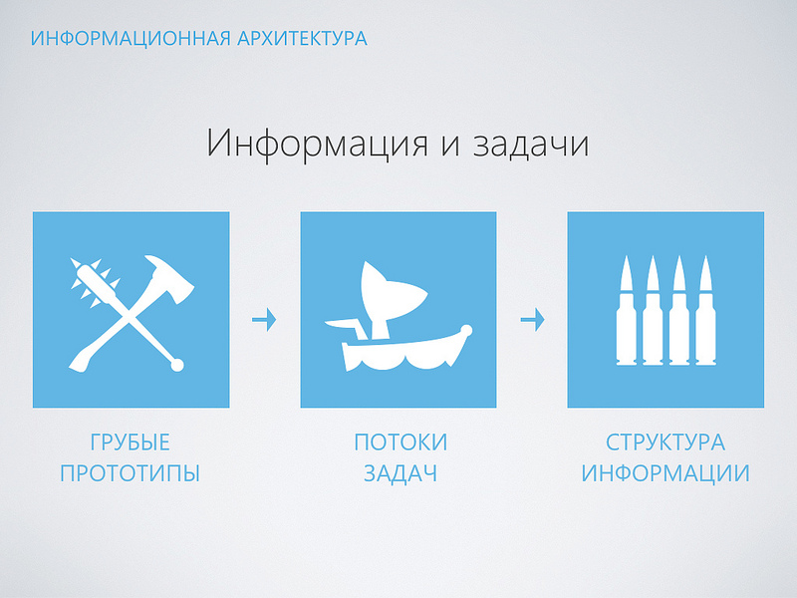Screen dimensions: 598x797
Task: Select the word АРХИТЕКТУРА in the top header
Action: [x=303, y=39]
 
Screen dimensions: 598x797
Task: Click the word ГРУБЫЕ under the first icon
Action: [x=131, y=442]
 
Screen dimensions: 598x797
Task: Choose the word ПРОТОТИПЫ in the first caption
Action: [x=131, y=473]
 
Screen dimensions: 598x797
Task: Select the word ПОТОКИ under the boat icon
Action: [x=400, y=442]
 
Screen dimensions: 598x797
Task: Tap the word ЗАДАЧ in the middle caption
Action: [x=400, y=473]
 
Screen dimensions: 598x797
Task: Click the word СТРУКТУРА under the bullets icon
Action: [x=665, y=442]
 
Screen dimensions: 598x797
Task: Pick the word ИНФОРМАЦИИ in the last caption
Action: [x=665, y=473]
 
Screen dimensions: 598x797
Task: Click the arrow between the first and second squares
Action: [x=264, y=320]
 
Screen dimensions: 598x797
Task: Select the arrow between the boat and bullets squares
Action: [x=532, y=320]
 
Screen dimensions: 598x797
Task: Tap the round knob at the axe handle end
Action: [x=178, y=365]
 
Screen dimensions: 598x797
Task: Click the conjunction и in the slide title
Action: [x=436, y=145]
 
